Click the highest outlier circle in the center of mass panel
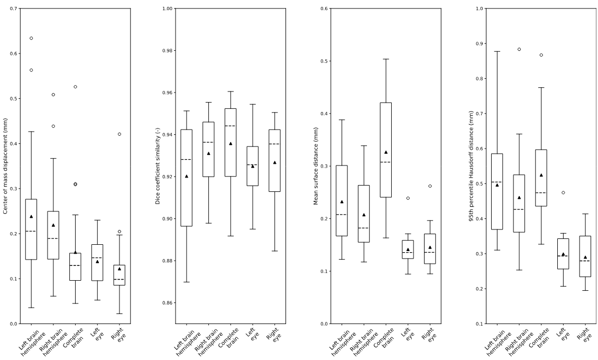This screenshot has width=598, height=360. (31, 38)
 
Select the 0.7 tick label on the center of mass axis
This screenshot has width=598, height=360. (13, 8)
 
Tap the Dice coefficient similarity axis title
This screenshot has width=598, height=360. (158, 167)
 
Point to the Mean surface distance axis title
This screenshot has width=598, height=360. (316, 167)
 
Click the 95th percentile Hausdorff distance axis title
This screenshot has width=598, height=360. (471, 167)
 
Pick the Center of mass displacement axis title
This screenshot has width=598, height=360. (5, 167)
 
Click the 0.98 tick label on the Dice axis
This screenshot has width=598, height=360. (167, 51)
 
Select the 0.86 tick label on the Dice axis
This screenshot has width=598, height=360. (167, 303)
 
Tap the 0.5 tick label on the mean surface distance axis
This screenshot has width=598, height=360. (324, 61)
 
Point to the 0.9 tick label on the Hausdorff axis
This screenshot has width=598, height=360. (479, 43)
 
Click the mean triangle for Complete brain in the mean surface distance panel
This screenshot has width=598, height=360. (386, 152)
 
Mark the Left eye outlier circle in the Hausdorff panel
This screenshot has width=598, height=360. (563, 192)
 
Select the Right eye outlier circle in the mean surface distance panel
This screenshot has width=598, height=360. (430, 186)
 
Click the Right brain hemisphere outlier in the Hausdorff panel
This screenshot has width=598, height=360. (519, 49)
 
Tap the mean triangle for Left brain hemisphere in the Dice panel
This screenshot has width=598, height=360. (187, 176)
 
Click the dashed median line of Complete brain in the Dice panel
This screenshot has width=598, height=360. (231, 126)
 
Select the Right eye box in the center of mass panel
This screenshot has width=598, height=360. (119, 275)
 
